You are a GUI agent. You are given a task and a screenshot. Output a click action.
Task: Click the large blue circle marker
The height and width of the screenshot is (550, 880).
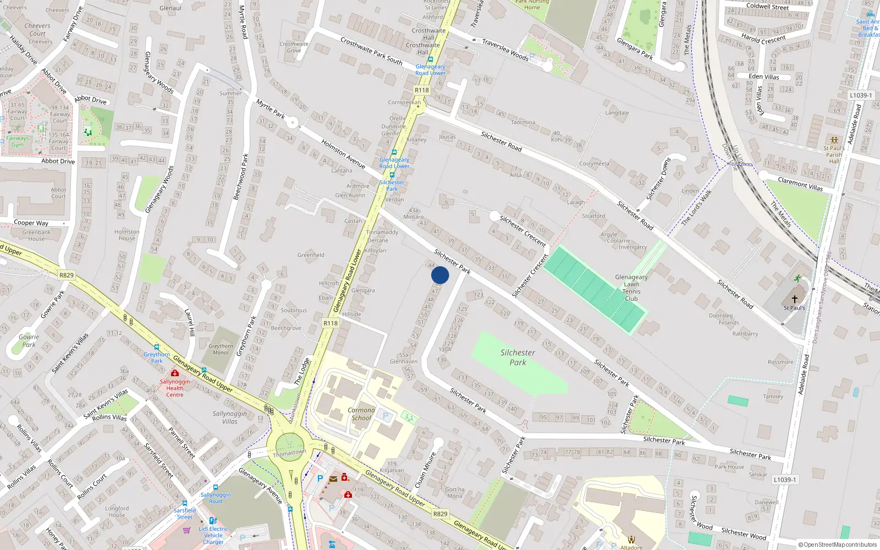tap(440, 275)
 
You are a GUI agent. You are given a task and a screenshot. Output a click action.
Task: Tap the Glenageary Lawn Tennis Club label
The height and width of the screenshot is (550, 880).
tap(631, 288)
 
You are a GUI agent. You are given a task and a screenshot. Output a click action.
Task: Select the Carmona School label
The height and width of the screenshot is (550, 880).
tap(361, 414)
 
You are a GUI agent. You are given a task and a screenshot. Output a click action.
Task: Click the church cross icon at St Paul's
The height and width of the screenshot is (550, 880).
tap(794, 299)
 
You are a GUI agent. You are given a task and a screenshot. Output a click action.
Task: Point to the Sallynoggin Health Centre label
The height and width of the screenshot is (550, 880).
tap(175, 388)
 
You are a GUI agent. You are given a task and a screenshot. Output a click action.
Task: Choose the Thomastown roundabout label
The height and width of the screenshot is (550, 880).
tap(289, 453)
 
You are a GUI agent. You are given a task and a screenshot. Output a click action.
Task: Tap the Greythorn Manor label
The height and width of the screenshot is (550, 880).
tap(221, 349)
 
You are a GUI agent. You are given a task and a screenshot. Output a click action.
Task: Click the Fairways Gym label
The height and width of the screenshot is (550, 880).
tap(18, 141)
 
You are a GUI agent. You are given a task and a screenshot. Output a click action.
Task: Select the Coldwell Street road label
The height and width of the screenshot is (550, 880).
tap(767, 7)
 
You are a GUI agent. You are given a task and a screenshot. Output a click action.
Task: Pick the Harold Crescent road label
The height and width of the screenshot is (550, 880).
tap(763, 38)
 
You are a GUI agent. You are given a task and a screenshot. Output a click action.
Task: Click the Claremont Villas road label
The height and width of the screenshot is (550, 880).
tap(800, 184)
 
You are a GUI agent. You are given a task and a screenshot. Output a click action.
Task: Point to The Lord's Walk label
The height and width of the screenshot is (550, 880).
tap(696, 207)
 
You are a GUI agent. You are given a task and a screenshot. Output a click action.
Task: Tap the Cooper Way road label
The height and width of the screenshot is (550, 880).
tap(31, 223)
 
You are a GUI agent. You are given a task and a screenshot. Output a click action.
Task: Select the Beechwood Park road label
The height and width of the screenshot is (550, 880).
tap(241, 177)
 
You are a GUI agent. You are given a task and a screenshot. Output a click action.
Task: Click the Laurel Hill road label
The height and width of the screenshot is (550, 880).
tap(189, 322)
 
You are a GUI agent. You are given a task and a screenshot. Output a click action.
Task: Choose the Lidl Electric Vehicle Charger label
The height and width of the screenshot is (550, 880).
tap(213, 535)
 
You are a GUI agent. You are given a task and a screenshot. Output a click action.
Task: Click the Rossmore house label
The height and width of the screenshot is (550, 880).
tap(780, 362)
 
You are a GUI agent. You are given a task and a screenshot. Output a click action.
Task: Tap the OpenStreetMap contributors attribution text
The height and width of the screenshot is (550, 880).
tap(838, 544)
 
